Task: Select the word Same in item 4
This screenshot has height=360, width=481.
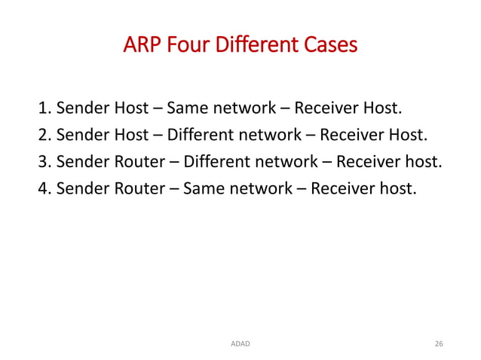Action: tap(204, 188)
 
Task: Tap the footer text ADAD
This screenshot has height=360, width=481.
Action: tap(240, 343)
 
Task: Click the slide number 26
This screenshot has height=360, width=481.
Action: tap(439, 343)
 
